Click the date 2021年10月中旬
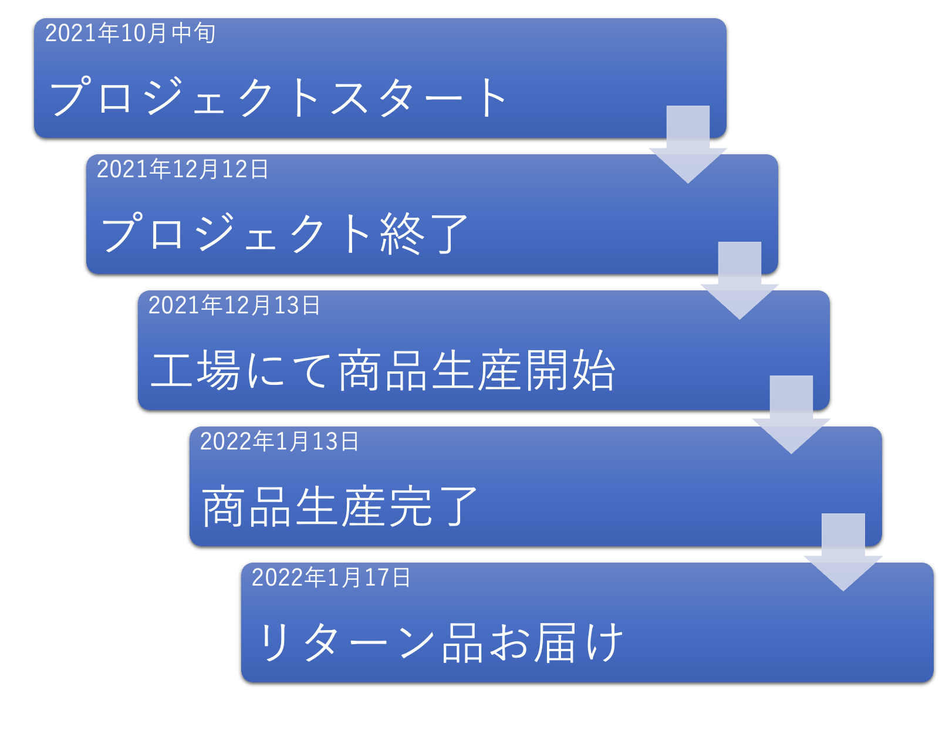[130, 33]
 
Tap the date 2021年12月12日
[182, 170]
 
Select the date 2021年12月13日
[234, 306]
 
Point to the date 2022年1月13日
[279, 442]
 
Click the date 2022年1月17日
[330, 578]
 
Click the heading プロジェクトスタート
[278, 97]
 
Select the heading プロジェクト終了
[285, 233]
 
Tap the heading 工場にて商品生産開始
[383, 370]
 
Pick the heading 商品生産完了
[339, 506]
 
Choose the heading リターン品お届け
[440, 642]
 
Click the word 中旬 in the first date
[194, 33]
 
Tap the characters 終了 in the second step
[424, 233]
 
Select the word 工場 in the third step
[195, 370]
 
